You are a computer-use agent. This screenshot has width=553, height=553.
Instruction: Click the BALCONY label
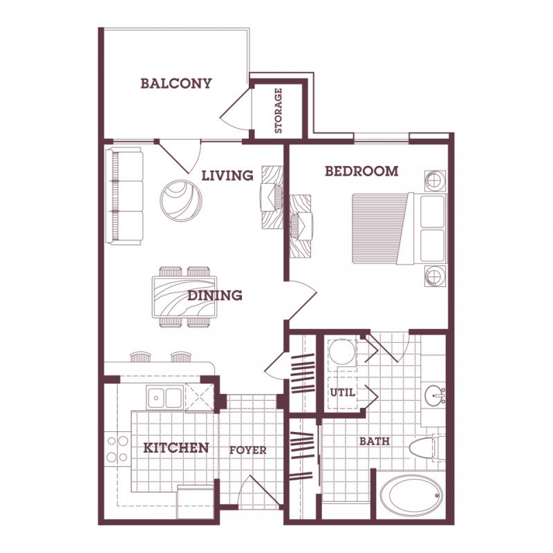[x=176, y=84]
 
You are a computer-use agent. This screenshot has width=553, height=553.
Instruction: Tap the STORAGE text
[x=278, y=111]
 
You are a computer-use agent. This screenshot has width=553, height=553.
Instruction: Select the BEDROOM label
[x=362, y=171]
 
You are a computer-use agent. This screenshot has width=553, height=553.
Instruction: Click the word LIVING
[x=227, y=176]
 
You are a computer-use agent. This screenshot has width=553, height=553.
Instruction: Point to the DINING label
[x=215, y=295]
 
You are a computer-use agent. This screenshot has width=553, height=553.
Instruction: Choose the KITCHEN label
[x=176, y=448]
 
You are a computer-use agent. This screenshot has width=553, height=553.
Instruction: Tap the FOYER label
[x=247, y=450]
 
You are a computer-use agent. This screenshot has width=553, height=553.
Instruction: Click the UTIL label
[x=343, y=392]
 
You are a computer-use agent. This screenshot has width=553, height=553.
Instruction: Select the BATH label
[x=374, y=440]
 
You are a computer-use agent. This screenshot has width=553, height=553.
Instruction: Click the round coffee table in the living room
[x=181, y=200]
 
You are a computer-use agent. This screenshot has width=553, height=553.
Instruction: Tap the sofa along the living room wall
[x=124, y=196]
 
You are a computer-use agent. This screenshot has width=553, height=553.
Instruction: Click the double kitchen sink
[x=165, y=397]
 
